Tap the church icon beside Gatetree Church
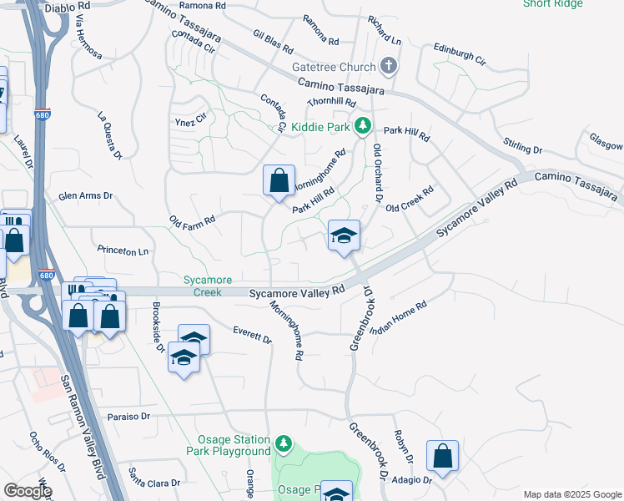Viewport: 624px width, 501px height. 388,66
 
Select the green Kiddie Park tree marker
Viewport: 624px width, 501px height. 362,126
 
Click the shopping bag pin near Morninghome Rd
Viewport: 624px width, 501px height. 279,180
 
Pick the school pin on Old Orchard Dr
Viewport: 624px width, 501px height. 343,235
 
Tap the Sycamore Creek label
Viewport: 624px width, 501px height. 208,286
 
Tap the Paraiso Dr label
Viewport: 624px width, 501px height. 128,416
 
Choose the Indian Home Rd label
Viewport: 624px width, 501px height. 399,318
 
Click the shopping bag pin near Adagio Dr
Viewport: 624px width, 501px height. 442,456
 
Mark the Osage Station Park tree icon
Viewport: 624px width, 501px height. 284,443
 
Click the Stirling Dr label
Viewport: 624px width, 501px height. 523,144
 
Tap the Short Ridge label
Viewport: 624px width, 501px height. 553,3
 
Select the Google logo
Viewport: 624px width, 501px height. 27,491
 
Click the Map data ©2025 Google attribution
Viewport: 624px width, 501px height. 571,494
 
